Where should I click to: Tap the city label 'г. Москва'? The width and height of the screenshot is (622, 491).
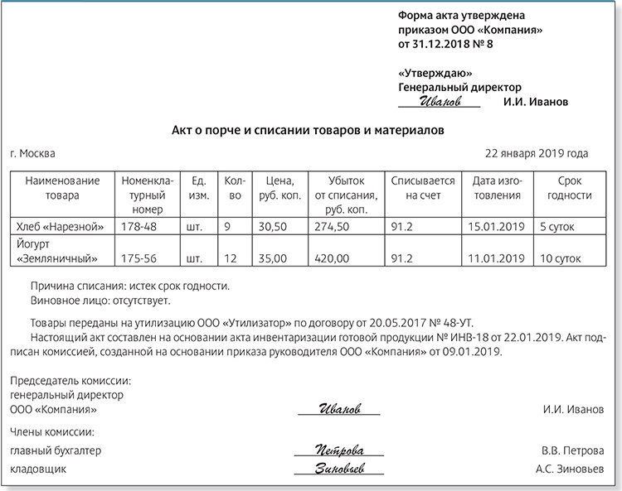(x=34, y=154)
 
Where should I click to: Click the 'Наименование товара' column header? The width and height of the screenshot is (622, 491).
(x=63, y=188)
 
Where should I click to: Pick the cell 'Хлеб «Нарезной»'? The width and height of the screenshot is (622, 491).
(x=61, y=225)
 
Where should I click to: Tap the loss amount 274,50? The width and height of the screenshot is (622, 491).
(x=333, y=225)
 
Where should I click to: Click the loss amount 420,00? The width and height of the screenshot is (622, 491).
(x=333, y=259)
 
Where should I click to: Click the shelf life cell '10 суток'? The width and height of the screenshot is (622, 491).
(x=562, y=259)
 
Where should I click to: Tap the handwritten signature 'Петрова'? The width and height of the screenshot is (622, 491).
(x=339, y=450)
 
